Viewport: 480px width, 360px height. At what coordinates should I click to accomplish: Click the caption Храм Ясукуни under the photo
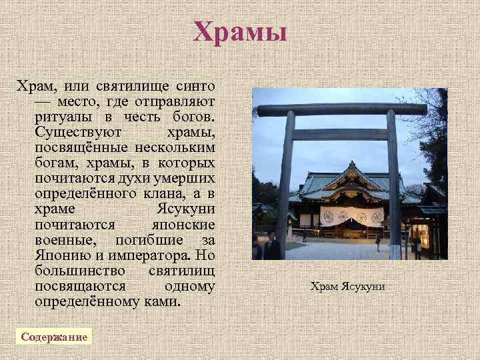pos(347,287)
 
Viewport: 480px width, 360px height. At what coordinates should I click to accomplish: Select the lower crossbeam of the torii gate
pos(340,135)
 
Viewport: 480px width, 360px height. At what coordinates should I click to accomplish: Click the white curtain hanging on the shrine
pos(351,216)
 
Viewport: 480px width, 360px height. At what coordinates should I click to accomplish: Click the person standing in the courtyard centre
pos(379,241)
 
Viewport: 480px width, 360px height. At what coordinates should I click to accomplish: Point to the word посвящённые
pos(75,148)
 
